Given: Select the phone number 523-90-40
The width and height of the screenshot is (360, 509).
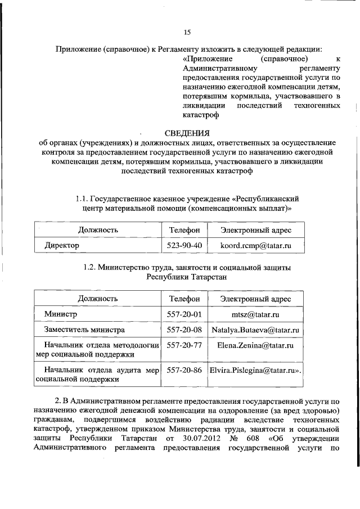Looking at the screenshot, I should point(184,246).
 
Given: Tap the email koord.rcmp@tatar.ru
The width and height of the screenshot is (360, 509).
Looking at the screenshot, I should point(255,246).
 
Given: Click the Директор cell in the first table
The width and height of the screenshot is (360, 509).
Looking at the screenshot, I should point(63,246).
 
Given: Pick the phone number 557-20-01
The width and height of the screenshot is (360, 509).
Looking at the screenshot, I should point(184,313).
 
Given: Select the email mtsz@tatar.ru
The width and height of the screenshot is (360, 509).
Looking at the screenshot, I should point(255,313).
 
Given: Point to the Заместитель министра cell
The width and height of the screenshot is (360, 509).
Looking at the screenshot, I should point(86,329).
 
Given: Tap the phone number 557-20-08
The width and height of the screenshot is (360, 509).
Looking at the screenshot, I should point(184,329).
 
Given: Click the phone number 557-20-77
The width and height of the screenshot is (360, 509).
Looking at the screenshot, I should point(184,345).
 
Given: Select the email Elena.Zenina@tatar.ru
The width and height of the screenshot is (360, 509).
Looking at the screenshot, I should point(255,345).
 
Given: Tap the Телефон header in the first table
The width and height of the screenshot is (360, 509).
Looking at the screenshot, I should point(184,230).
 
